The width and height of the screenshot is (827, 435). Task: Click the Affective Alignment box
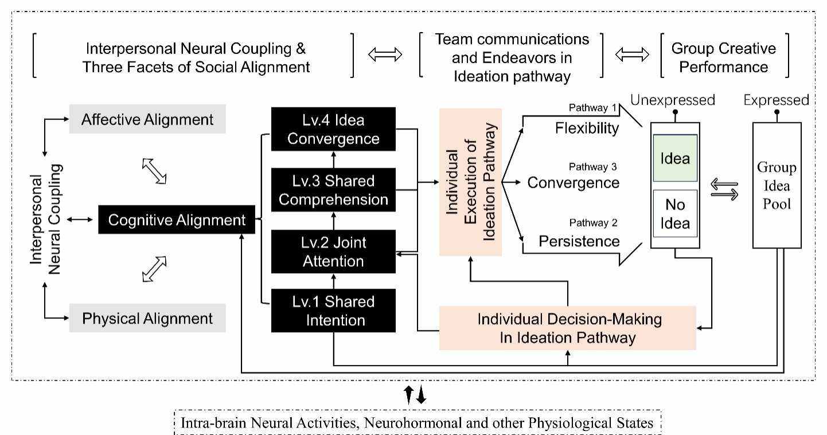[x=147, y=120]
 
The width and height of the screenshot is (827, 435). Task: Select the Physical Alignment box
[x=147, y=319]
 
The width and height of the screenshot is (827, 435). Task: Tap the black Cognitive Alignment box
[x=177, y=220]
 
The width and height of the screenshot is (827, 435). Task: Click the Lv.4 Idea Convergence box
[x=333, y=130]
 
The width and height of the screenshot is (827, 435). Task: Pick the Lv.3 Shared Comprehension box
[x=333, y=191]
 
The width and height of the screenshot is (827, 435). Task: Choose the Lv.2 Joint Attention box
[x=333, y=252]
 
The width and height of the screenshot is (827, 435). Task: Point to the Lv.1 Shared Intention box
[x=333, y=311]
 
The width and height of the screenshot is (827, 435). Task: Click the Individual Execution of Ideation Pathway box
[x=470, y=182]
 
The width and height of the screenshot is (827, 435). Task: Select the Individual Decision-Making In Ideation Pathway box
[x=567, y=328]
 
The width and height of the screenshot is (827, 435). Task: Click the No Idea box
[x=675, y=213]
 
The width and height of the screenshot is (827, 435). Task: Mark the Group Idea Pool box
[x=777, y=186]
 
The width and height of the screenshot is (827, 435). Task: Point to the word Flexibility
[x=587, y=127]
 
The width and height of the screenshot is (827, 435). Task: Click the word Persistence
[x=579, y=241]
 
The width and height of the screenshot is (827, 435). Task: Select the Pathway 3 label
[x=592, y=167]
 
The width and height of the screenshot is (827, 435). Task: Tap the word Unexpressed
[x=673, y=100]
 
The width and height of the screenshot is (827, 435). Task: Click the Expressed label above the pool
[x=776, y=100]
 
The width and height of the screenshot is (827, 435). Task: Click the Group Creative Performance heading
[x=724, y=57]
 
